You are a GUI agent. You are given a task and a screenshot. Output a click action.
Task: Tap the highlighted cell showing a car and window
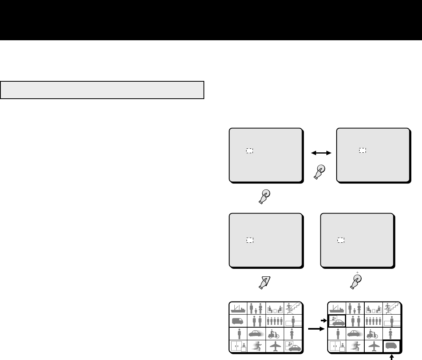coord(337,320)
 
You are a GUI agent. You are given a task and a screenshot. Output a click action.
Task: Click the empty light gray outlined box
coord(102,90)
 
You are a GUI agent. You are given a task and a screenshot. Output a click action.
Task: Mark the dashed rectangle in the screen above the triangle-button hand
coord(249,240)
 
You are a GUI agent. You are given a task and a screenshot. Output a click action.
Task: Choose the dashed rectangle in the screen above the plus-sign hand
coord(340,240)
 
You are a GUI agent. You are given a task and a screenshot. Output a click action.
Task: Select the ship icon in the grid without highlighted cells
coord(238,308)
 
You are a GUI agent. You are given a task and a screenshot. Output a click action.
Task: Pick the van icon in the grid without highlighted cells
coord(238,321)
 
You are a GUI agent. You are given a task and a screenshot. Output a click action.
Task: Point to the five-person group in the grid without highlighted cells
coord(275,321)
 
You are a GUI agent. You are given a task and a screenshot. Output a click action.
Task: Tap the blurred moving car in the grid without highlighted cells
coord(257,334)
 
